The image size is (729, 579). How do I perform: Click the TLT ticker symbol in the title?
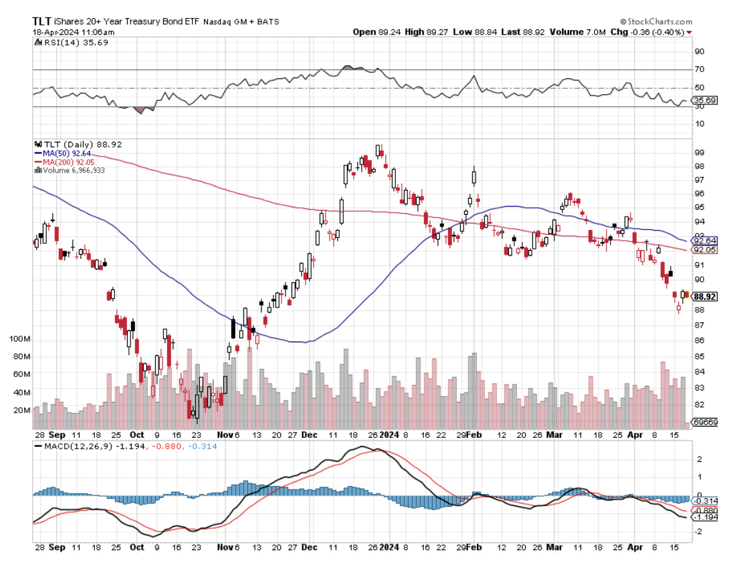tap(44, 21)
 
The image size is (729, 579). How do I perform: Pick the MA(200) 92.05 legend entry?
tap(64, 162)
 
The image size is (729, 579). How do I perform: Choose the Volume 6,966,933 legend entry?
tap(70, 170)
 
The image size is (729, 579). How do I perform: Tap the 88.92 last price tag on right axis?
tap(706, 297)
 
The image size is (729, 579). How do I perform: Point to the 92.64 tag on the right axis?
tap(706, 241)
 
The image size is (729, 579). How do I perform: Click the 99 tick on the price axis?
tap(700, 152)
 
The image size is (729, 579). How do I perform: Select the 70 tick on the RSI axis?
tap(700, 70)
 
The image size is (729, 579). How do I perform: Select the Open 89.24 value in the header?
tap(374, 31)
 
